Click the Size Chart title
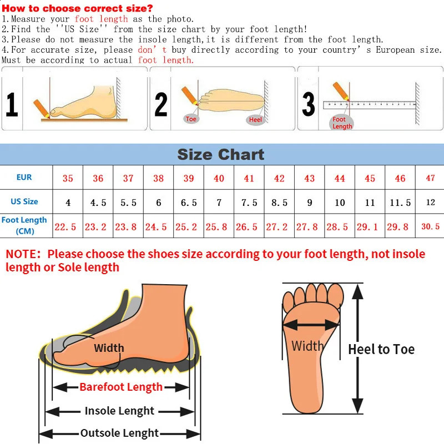(221, 154)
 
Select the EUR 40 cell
(219, 178)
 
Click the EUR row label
(24, 178)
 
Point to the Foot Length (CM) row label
(24, 225)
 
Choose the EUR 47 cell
(430, 178)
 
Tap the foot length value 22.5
(65, 226)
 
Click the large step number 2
(161, 104)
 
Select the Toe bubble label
(191, 119)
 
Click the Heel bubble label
(255, 120)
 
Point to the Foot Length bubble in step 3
(342, 123)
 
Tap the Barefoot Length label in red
(121, 387)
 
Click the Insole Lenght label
(119, 411)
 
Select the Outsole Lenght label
(119, 433)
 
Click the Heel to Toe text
(381, 349)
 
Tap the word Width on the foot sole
(307, 346)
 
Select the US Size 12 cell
(430, 203)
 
